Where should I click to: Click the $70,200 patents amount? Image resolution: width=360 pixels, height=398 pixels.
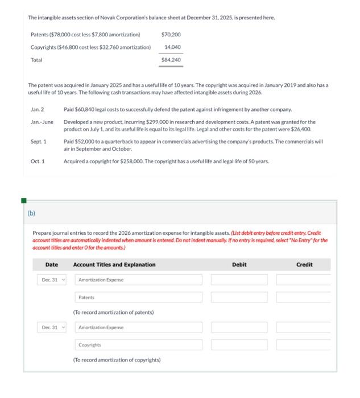(x=171, y=35)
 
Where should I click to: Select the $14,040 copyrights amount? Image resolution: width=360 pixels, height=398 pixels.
(x=172, y=47)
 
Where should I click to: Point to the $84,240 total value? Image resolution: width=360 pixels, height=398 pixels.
(x=171, y=59)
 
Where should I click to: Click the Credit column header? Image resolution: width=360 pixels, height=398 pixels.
(x=304, y=264)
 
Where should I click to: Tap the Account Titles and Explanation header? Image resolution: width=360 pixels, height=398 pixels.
(x=114, y=264)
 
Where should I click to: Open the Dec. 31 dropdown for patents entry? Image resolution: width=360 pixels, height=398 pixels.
(x=53, y=280)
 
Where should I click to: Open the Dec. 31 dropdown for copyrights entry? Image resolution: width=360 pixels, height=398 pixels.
(x=53, y=327)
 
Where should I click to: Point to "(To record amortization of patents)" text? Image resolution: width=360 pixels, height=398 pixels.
(x=113, y=312)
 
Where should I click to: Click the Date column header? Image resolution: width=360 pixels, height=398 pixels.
(x=52, y=264)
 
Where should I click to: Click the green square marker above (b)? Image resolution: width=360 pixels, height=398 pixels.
(x=24, y=200)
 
